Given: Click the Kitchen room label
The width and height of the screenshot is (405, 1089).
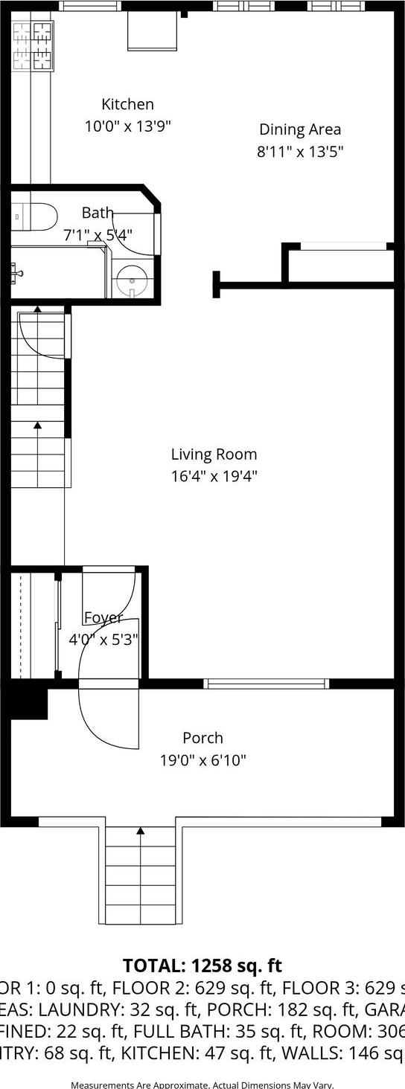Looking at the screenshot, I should coord(127,104).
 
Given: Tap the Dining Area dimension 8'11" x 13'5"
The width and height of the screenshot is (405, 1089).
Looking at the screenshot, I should coord(299,152).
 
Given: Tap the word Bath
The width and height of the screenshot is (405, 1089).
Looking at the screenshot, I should coord(98,213).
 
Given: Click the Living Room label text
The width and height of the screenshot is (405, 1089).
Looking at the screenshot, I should coord(214,454).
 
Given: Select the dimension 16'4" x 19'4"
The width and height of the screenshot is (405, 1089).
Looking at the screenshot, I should coord(214,476).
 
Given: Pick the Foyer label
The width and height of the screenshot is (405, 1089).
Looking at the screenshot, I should coord(103,617).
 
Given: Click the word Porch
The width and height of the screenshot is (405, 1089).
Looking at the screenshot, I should coord(202,738).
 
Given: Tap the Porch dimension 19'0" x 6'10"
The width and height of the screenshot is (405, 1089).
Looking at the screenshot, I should coord(202,760).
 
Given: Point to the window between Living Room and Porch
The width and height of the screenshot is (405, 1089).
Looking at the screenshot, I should coord(267,683).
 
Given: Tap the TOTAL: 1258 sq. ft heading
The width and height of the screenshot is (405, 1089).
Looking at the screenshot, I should coord(202,966).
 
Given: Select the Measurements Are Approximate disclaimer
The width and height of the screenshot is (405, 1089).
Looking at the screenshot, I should coord(202,1085).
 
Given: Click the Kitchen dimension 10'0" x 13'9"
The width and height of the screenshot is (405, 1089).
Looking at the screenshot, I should coord(127,126).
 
